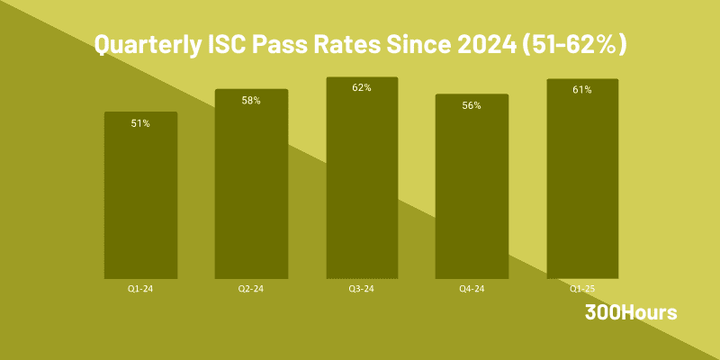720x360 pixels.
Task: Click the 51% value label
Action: click(140, 123)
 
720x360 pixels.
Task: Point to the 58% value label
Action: click(251, 101)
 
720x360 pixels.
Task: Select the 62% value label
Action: click(362, 88)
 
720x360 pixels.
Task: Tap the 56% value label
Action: click(472, 105)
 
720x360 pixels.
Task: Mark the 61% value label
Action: click(582, 90)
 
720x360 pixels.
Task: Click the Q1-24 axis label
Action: click(140, 289)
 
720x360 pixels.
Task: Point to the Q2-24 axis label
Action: click(251, 289)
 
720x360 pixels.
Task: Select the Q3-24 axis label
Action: click(362, 289)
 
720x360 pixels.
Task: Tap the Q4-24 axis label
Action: click(472, 289)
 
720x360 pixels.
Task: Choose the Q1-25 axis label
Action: click(582, 289)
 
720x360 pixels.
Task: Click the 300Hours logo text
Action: click(631, 312)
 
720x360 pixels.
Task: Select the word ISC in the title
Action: click(234, 45)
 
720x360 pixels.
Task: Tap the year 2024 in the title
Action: click(489, 45)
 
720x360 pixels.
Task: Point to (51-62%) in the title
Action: click(576, 45)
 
